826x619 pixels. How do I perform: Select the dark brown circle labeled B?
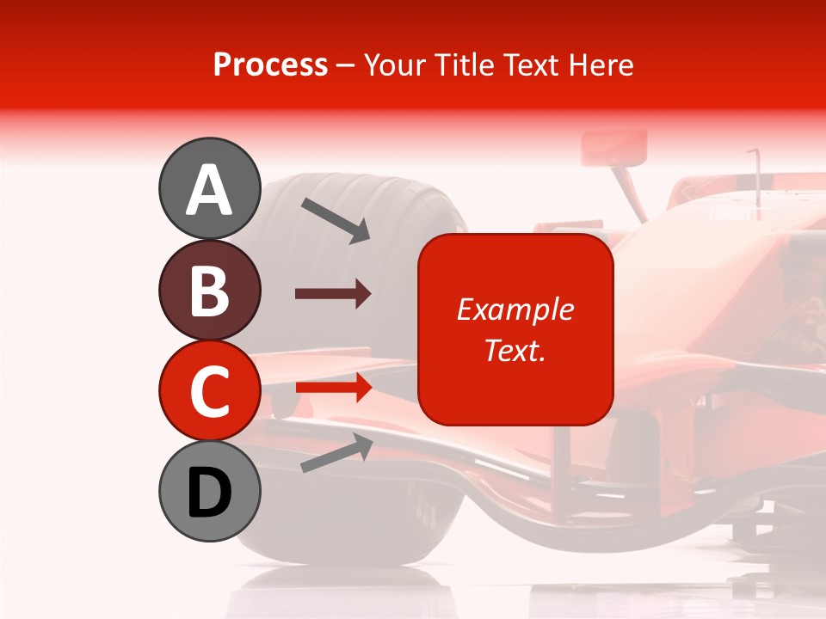[x=209, y=291]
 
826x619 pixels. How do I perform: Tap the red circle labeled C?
[x=209, y=390]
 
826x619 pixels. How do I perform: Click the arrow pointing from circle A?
[x=336, y=219]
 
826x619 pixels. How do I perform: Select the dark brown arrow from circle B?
[x=333, y=294]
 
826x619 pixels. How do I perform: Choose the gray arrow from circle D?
[x=336, y=452]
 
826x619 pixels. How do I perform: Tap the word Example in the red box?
[x=515, y=309]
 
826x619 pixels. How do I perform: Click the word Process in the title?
[x=270, y=64]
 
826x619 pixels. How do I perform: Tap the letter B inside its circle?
[x=209, y=291]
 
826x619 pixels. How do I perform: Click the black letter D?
[x=209, y=493]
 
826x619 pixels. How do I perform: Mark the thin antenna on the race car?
[x=756, y=176]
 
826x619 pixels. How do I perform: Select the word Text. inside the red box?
[x=515, y=351]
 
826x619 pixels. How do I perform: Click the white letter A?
[x=209, y=190]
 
